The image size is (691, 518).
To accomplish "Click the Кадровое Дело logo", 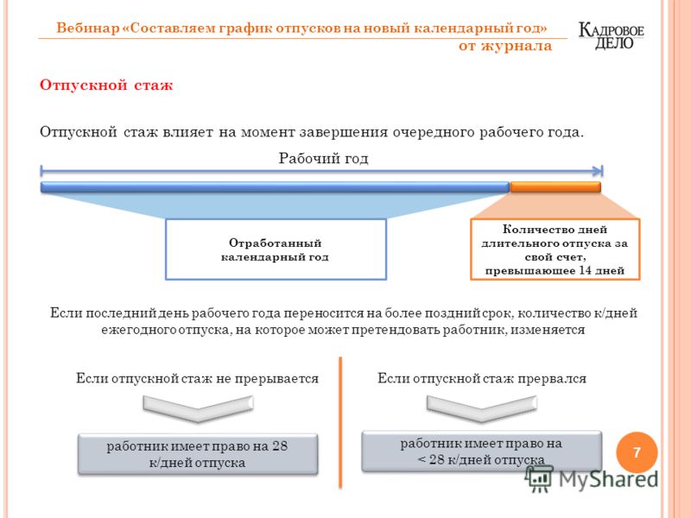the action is (612, 36).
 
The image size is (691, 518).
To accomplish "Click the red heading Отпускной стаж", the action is (106, 85).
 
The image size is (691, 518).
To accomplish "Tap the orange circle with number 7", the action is (637, 452).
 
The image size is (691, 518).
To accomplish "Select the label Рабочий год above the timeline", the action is (323, 158).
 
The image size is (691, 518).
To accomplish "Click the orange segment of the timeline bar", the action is (555, 186).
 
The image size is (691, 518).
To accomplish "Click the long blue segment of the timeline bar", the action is (275, 186).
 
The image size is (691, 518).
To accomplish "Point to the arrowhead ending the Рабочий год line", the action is (598, 171).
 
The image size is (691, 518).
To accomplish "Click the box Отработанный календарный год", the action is (276, 250).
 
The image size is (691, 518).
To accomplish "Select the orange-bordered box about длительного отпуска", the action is (555, 250).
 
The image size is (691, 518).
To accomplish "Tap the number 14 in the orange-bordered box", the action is (586, 270).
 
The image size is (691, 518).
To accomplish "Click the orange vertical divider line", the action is (340, 423).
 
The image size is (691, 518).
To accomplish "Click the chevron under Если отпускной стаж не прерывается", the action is (198, 407).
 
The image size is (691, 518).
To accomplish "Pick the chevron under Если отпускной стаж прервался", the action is (482, 407).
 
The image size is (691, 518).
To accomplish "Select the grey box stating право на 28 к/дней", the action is (198, 454).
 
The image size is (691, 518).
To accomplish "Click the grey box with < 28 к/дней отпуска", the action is (482, 452).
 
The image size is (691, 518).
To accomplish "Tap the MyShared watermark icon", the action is (539, 478).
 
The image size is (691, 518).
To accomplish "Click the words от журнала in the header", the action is (505, 46).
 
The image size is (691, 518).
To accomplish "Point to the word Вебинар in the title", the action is (88, 28).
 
